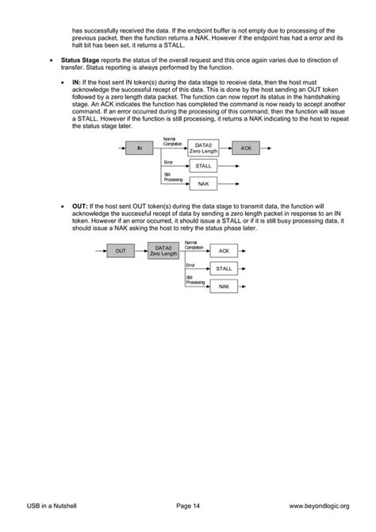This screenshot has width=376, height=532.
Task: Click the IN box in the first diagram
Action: coord(140,148)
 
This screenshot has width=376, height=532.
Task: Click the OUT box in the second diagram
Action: coord(121,250)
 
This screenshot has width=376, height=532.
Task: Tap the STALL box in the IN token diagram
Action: coord(203,166)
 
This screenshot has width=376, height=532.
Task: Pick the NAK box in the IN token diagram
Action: coord(203,183)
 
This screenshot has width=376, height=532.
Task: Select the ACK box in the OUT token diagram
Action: coord(224,251)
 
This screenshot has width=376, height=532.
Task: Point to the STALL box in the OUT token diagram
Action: coord(224,268)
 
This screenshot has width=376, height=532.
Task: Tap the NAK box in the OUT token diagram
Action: coord(224,286)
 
